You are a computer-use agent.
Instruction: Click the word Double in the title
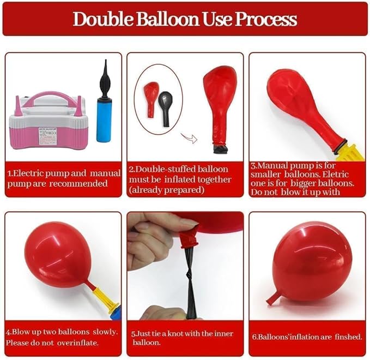pyautogui.click(x=103, y=19)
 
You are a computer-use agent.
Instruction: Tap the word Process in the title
pyautogui.click(x=266, y=19)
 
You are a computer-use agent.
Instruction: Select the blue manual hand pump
pyautogui.click(x=104, y=101)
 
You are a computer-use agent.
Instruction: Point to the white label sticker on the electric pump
pyautogui.click(x=48, y=136)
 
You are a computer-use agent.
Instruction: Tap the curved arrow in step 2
pyautogui.click(x=189, y=138)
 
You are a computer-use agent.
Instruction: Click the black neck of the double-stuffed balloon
pyautogui.click(x=220, y=149)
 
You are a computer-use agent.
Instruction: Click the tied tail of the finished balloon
pyautogui.click(x=272, y=298)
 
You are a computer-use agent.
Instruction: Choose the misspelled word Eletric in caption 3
pyautogui.click(x=335, y=175)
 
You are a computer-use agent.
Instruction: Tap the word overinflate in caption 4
pyautogui.click(x=77, y=343)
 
